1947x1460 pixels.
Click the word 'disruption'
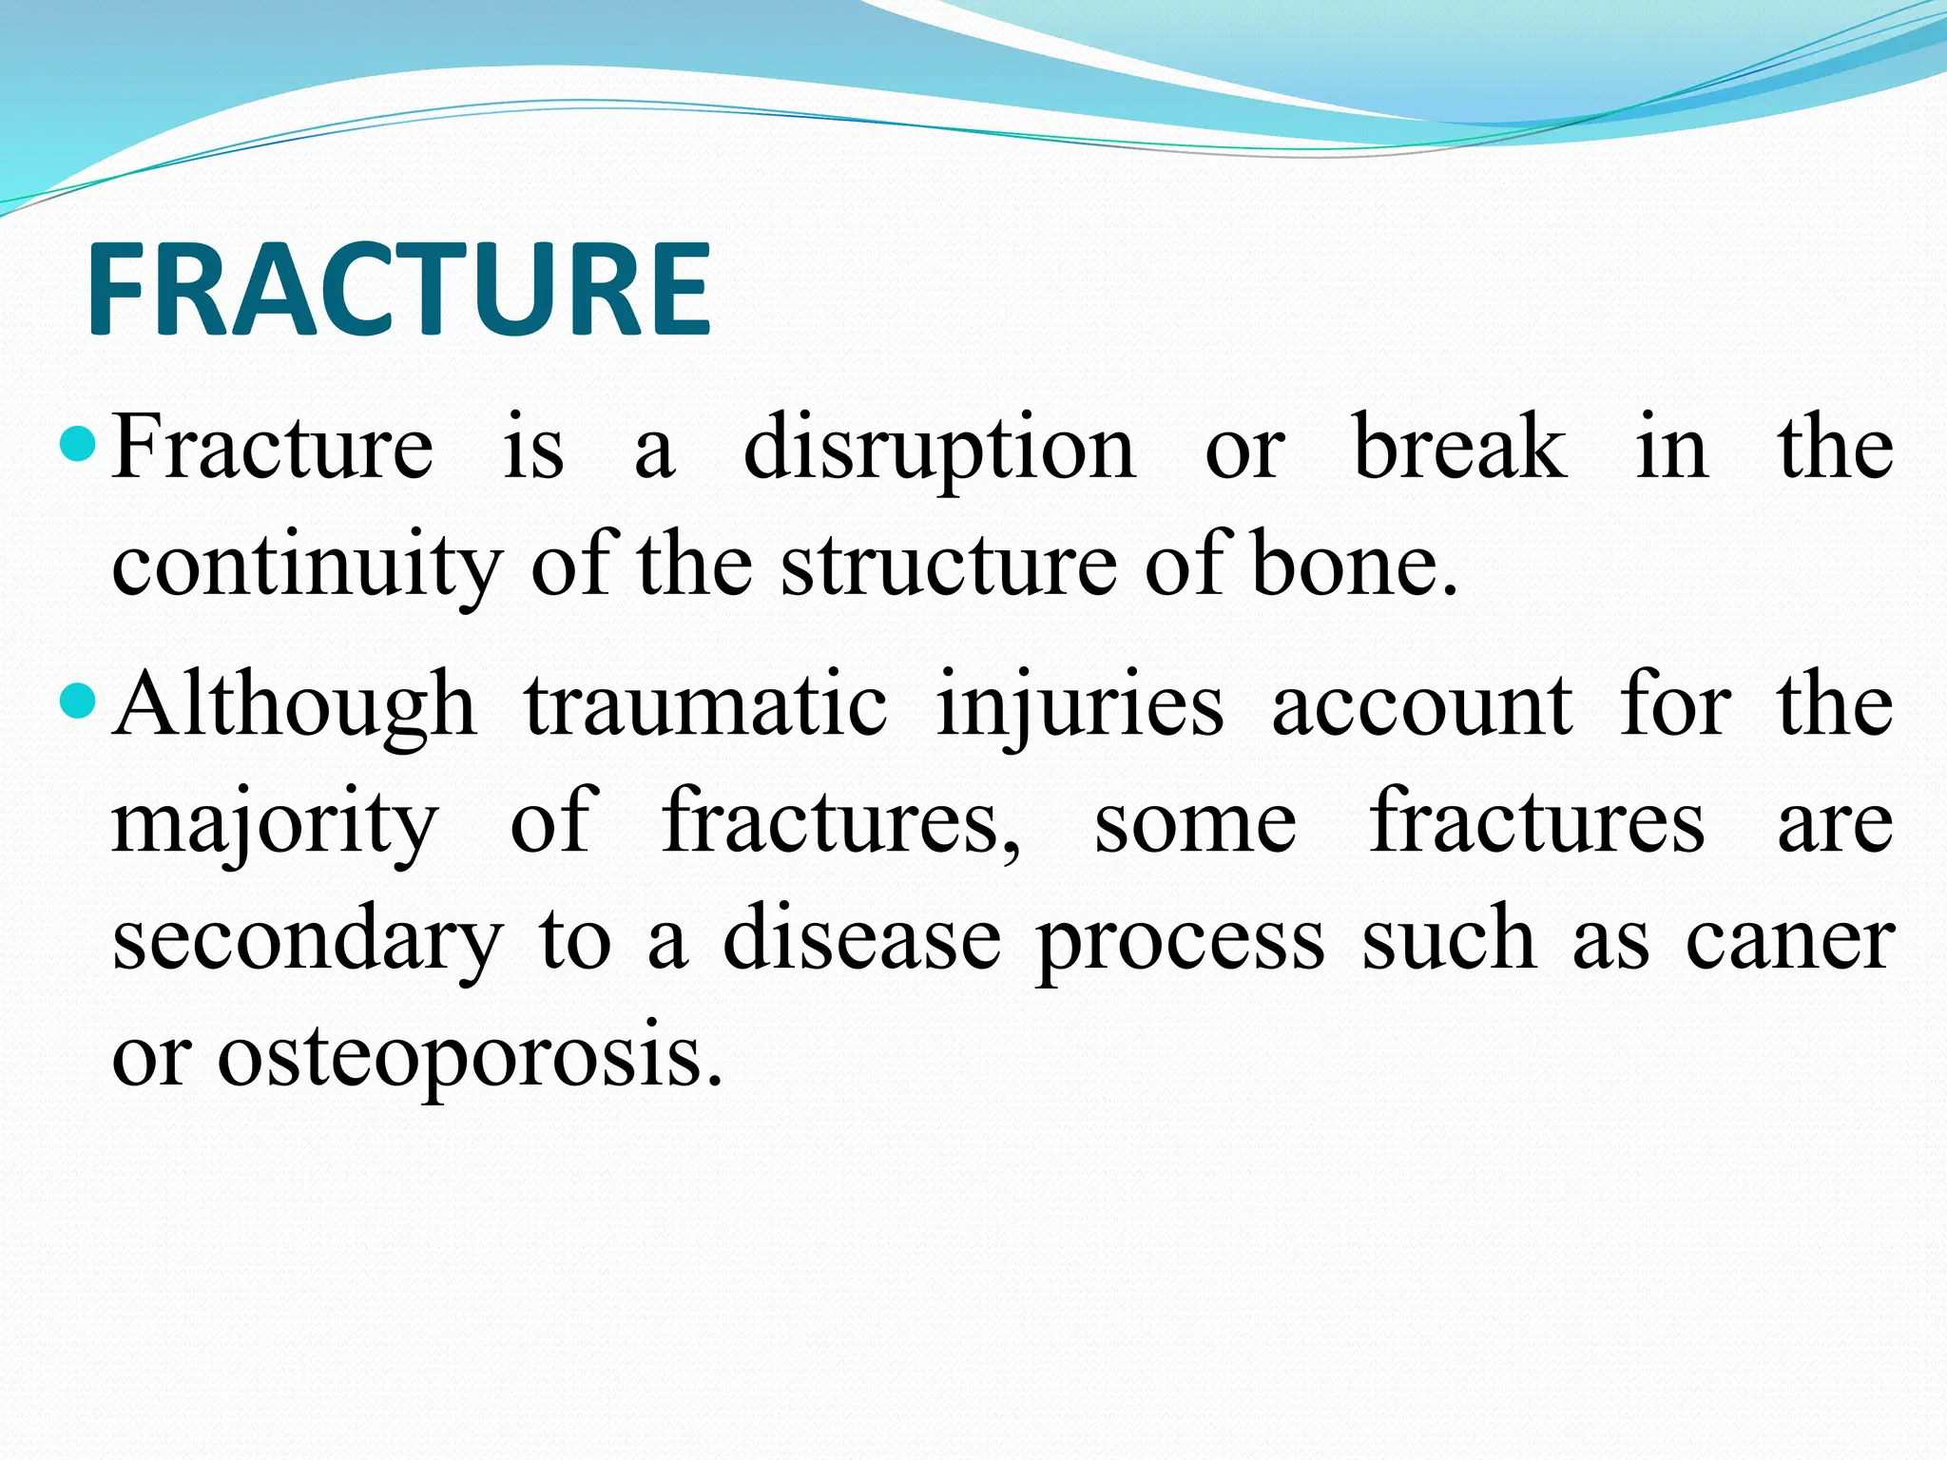coord(938,449)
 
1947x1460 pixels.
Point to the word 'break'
coord(1459,447)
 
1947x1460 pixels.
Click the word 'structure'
coord(948,566)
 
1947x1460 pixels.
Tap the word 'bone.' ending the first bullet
coord(1355,566)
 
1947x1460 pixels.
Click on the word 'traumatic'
coord(705,705)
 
